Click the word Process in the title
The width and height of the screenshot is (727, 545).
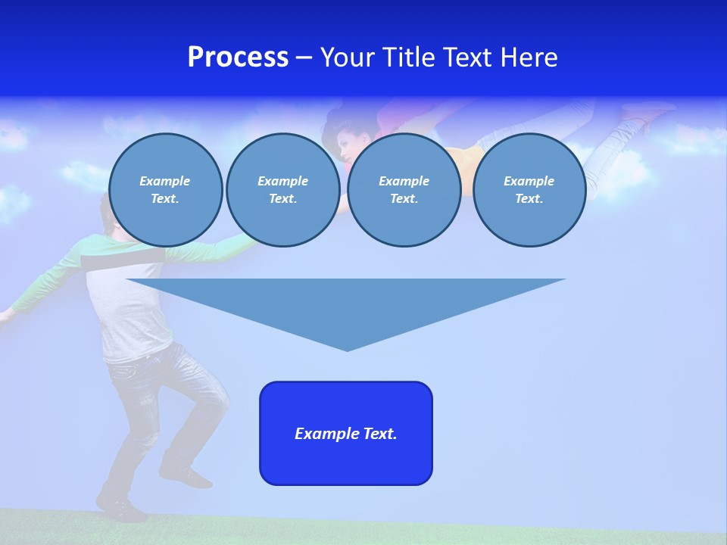pyautogui.click(x=238, y=58)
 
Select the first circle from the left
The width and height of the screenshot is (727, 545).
pyautogui.click(x=165, y=190)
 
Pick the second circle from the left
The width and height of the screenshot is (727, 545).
pyautogui.click(x=282, y=190)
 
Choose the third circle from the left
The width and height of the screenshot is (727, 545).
pyautogui.click(x=404, y=190)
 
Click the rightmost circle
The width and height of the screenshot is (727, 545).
pyautogui.click(x=529, y=190)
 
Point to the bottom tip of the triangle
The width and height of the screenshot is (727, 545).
pyautogui.click(x=347, y=349)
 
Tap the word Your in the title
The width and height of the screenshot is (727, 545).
pyautogui.click(x=348, y=58)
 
